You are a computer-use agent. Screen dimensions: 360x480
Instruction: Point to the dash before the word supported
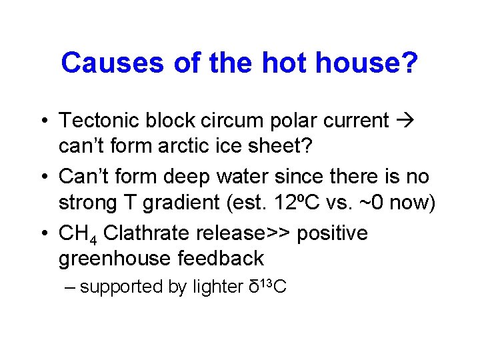[x=71, y=287]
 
